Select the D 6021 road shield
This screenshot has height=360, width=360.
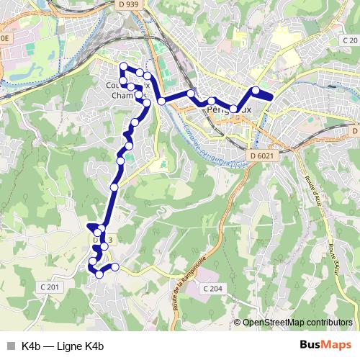click(x=264, y=156)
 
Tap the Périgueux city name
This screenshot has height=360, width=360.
click(x=229, y=110)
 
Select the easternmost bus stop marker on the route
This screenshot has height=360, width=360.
click(x=256, y=90)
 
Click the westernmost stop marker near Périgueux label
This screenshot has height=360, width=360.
click(x=191, y=94)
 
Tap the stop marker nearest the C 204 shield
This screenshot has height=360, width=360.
click(x=115, y=267)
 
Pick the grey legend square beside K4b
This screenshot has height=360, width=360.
click(x=10, y=346)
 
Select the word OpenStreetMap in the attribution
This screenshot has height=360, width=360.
click(x=277, y=323)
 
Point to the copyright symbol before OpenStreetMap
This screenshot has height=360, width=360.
click(x=238, y=323)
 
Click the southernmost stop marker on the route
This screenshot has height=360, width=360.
click(x=99, y=274)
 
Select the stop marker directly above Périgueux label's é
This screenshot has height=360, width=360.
click(x=212, y=101)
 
